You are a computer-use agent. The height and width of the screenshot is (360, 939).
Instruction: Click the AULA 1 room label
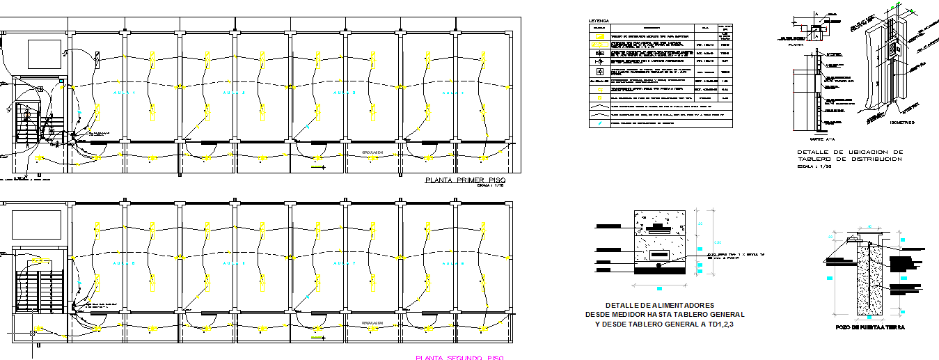[125, 93]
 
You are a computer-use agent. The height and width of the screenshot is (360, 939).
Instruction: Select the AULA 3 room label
[344, 93]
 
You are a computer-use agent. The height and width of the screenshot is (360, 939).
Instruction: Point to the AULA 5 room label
[125, 263]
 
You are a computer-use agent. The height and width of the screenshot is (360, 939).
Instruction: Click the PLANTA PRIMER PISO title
[465, 180]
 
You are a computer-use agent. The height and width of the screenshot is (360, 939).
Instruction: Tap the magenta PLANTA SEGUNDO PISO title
[459, 357]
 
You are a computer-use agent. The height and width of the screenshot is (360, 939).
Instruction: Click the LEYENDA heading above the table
[599, 20]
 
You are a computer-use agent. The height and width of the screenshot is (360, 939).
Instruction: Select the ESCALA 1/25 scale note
[814, 167]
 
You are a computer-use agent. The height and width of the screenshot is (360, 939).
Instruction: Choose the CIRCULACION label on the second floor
[374, 324]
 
